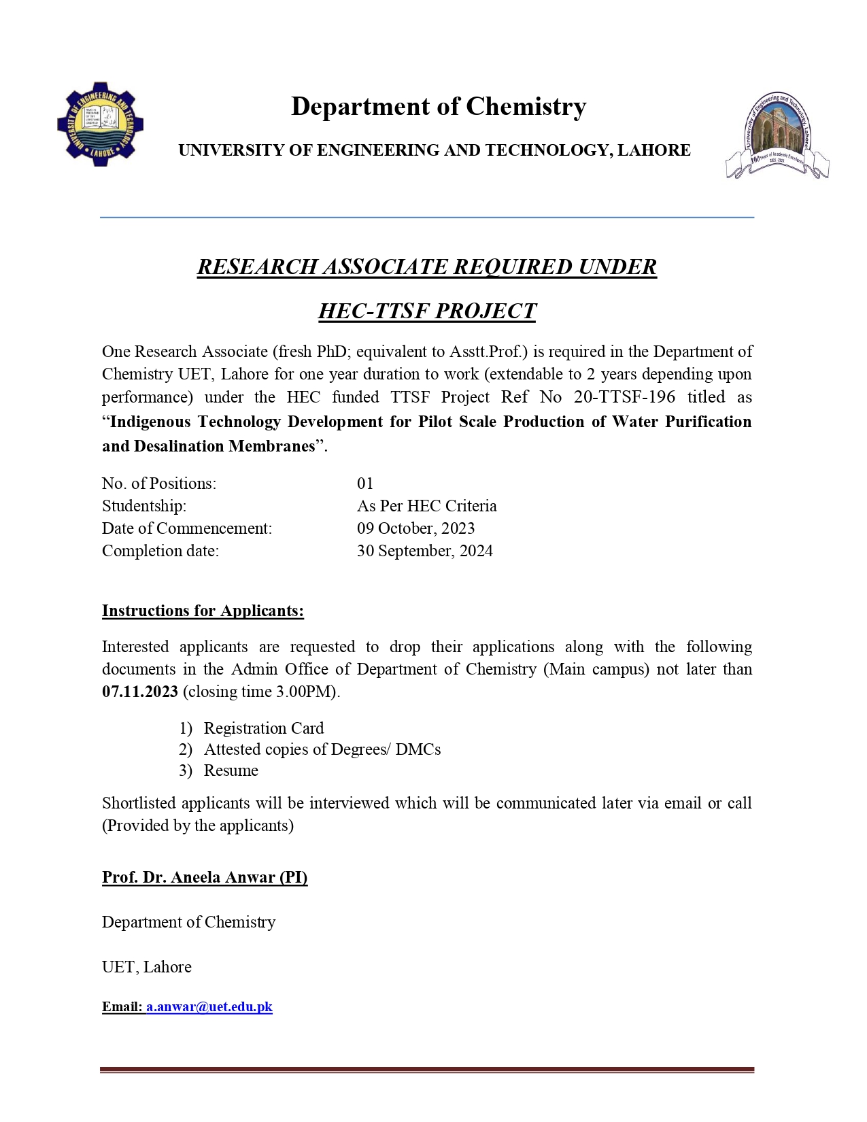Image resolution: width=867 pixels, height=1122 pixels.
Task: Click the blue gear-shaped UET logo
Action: (x=101, y=124)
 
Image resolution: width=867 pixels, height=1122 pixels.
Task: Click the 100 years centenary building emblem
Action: (x=777, y=136)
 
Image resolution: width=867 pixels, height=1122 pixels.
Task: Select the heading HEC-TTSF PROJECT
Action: (x=427, y=311)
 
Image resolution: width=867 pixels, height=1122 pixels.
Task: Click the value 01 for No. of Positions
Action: (x=365, y=483)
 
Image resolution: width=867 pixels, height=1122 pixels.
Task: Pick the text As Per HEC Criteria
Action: (x=426, y=506)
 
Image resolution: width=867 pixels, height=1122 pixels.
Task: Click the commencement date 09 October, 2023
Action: (x=415, y=528)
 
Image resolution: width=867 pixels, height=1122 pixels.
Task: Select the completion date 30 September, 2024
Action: (x=424, y=551)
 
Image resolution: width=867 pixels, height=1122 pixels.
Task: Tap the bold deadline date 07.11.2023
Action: (x=140, y=692)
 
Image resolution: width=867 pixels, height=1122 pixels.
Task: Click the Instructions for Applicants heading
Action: (x=203, y=611)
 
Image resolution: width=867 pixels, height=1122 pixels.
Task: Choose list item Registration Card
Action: (x=264, y=728)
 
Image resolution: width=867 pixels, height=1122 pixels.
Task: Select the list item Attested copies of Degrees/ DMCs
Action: (x=322, y=749)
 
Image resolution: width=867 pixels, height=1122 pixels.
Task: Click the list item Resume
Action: (x=231, y=770)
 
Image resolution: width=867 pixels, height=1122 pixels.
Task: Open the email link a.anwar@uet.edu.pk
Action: (x=209, y=1006)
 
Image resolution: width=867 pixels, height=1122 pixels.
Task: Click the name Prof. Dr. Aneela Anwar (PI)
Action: (x=205, y=877)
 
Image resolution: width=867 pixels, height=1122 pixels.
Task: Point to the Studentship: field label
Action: (x=144, y=506)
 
